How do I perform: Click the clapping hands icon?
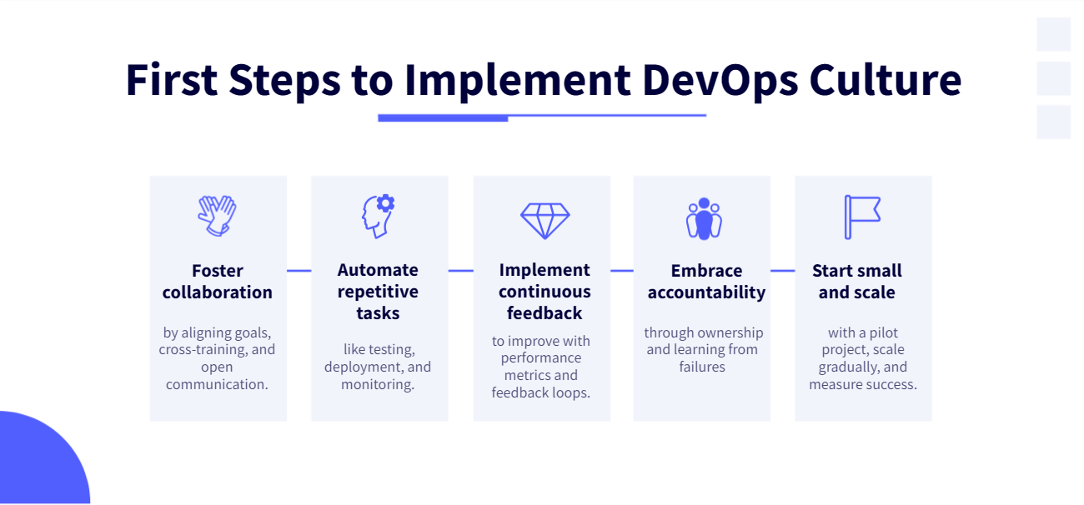tap(217, 216)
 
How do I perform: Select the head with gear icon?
tap(377, 216)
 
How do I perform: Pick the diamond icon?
tap(545, 220)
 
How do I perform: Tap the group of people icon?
tap(704, 219)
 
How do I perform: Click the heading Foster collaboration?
tap(217, 282)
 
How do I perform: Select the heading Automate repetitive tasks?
tap(378, 292)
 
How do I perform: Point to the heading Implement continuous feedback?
tap(545, 292)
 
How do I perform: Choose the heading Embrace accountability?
tap(706, 282)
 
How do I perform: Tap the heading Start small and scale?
tap(857, 282)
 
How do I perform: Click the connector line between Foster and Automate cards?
tap(299, 270)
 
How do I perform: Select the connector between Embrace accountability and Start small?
tap(782, 270)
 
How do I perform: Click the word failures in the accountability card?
tap(702, 367)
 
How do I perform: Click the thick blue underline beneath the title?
tap(443, 118)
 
